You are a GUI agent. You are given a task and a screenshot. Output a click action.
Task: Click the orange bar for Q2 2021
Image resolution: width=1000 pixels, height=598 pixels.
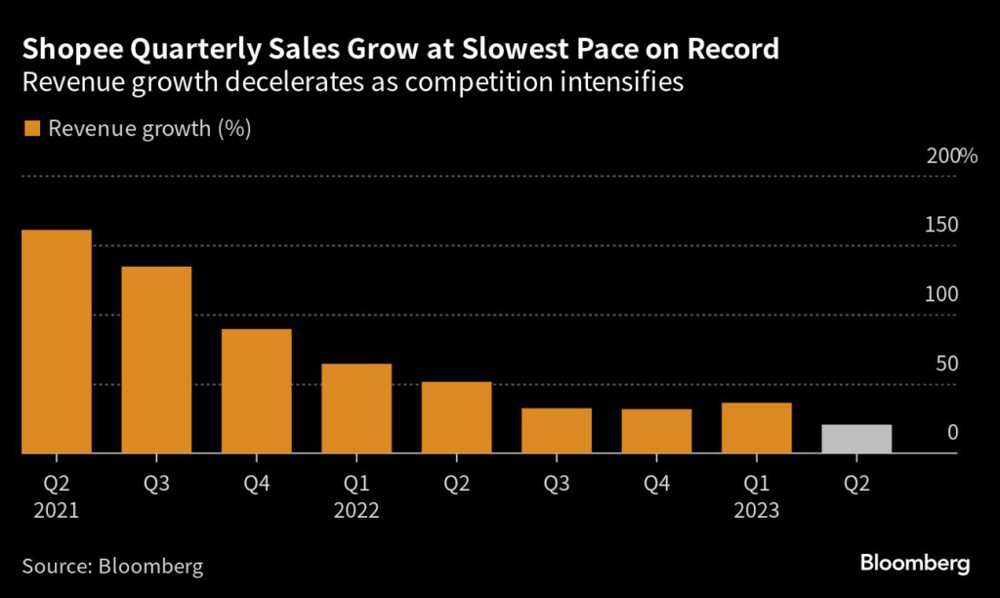click(x=57, y=342)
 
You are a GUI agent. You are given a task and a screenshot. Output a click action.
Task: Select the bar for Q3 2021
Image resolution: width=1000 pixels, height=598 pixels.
click(x=156, y=360)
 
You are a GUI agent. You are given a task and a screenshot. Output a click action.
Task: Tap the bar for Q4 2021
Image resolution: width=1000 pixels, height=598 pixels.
click(x=257, y=391)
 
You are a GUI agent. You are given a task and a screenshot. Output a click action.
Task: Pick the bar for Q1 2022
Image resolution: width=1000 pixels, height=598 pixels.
click(x=356, y=408)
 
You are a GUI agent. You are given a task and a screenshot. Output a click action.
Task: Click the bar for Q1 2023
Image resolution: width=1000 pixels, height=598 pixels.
click(x=757, y=428)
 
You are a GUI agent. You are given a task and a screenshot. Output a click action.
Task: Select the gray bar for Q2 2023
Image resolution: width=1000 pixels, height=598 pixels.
click(x=856, y=439)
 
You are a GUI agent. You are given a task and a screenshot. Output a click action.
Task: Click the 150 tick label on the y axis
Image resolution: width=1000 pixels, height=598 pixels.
click(x=943, y=225)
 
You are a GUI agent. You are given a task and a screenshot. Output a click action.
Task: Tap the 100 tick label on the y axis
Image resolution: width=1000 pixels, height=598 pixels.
click(x=943, y=294)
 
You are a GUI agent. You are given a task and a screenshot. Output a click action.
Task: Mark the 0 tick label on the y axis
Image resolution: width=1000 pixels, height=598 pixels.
click(x=953, y=433)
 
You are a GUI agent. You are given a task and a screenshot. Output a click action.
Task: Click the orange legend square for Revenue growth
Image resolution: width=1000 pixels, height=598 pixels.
click(x=31, y=129)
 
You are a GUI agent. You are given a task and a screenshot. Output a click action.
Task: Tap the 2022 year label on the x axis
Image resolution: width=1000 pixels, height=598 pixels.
click(x=356, y=509)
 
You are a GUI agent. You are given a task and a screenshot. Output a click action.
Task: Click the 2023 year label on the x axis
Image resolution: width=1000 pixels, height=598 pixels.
click(x=757, y=509)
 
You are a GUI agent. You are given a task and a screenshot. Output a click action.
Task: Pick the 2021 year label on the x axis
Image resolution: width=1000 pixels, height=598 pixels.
click(x=57, y=509)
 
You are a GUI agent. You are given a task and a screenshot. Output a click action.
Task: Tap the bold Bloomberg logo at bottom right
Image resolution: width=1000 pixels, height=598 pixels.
click(x=915, y=564)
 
